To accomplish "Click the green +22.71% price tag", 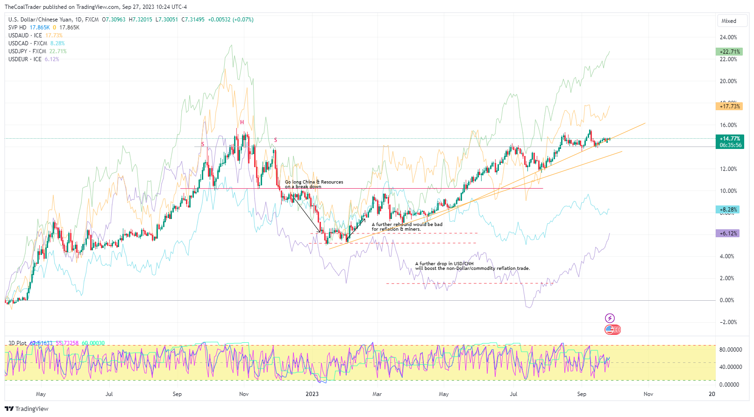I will coord(729,52).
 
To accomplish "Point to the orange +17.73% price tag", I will coord(729,106).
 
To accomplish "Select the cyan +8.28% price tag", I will coord(727,210).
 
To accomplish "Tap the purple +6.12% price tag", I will coord(727,233).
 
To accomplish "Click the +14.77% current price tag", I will coord(729,139).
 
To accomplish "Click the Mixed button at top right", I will coord(732,21).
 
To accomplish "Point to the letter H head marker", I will coord(242,122).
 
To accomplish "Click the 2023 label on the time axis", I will coord(312,394).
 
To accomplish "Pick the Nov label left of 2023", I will coord(244,394).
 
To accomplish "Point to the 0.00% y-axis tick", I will coord(727,300).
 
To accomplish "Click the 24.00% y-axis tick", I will coord(728,37).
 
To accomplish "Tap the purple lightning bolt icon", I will coord(610,318).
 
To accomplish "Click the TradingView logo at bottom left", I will coord(27,409).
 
